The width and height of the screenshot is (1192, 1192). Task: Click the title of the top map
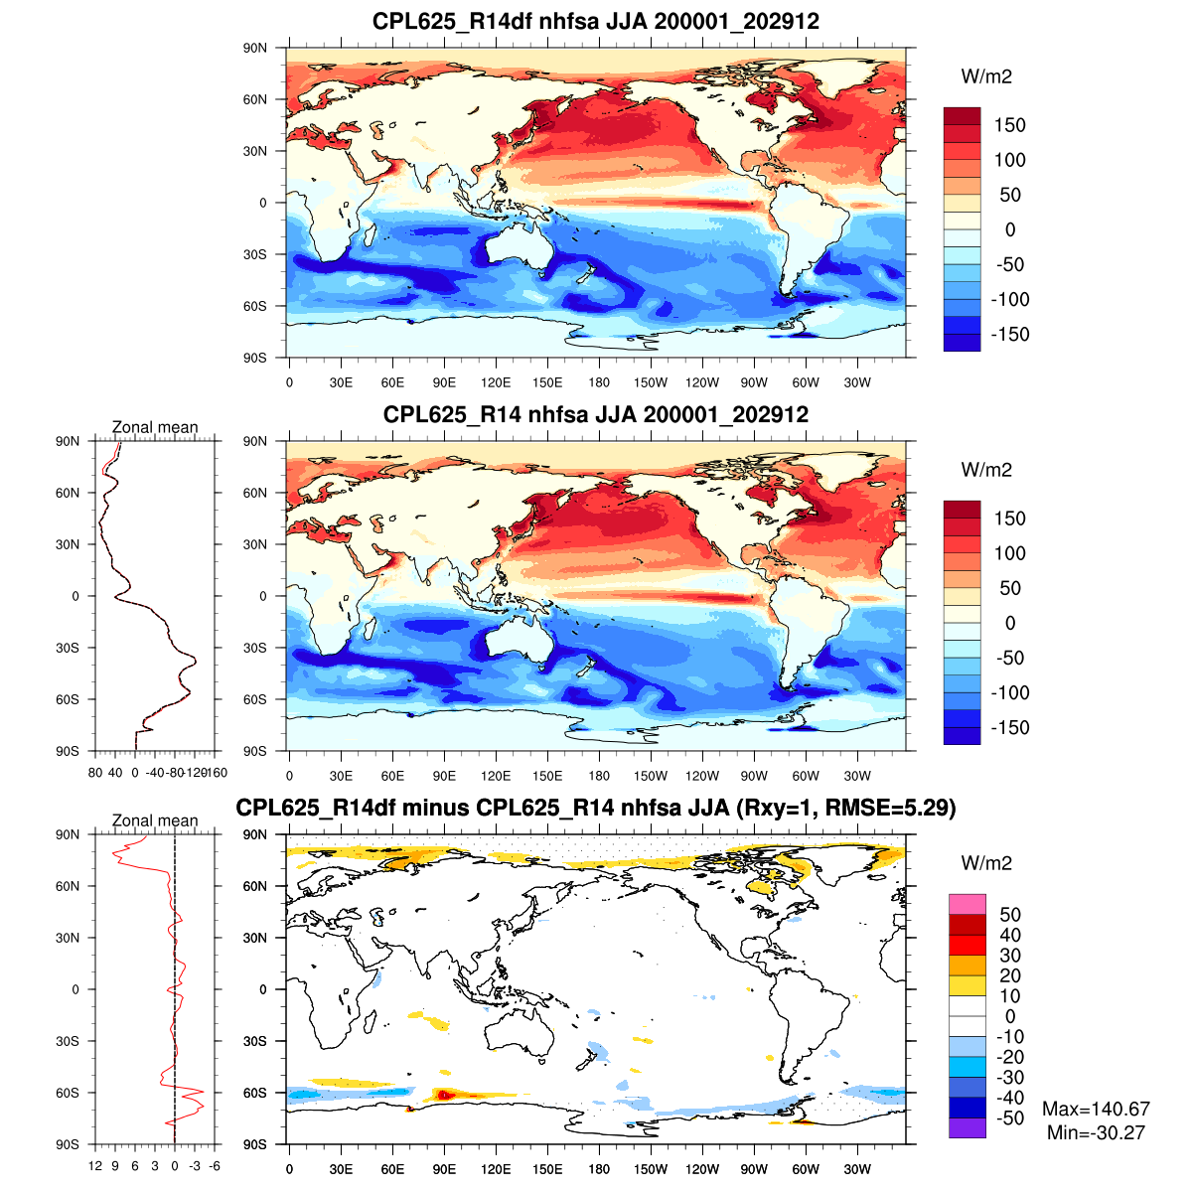[x=596, y=21]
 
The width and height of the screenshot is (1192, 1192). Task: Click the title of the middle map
[x=596, y=414]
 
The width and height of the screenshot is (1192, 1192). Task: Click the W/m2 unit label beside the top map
[x=986, y=76]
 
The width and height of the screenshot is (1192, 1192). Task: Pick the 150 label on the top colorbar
[x=1009, y=125]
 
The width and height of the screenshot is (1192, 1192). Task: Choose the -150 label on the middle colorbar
[x=1010, y=727]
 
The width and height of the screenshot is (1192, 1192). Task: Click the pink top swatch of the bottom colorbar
[x=967, y=904]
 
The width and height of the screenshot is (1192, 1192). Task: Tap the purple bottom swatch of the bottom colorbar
[x=967, y=1127]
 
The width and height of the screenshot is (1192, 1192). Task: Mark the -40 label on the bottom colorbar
[x=1007, y=1098]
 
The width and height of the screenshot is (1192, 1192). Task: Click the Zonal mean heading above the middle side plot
[x=155, y=428]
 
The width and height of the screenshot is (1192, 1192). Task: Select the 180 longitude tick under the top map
[x=599, y=383]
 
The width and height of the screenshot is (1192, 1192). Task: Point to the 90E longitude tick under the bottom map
[x=444, y=1170]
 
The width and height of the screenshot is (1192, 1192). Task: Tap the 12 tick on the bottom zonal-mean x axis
[x=95, y=1166]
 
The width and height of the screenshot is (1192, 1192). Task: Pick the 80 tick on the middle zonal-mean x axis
[x=95, y=773]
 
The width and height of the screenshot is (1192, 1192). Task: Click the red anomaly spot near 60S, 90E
[x=446, y=1095]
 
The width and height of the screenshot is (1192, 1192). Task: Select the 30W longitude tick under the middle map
[x=857, y=777]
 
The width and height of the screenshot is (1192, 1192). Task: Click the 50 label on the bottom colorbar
[x=1009, y=915]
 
